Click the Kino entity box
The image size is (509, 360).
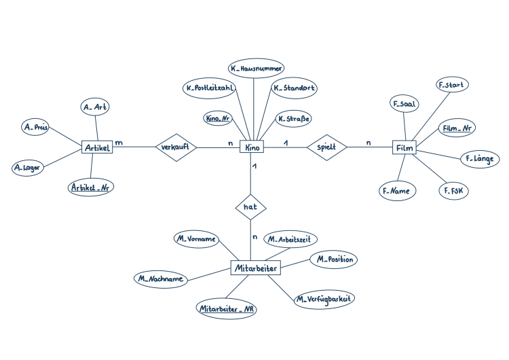[x=252, y=147]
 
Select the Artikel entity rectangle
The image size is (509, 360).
[x=97, y=147]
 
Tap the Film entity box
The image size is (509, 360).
[x=404, y=147]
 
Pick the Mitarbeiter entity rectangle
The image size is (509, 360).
[x=255, y=268]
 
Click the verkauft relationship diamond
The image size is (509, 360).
[x=176, y=147]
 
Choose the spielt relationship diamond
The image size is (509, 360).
[x=327, y=147]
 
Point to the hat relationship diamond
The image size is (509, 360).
[x=250, y=207]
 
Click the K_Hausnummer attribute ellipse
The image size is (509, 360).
[x=256, y=68]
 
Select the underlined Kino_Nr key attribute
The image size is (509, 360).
[x=218, y=118]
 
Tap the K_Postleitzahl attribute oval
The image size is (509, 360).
[x=210, y=88]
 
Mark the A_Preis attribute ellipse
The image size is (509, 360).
[x=36, y=127]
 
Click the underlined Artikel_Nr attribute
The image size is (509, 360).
[x=90, y=187]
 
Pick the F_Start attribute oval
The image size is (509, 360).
[x=452, y=85]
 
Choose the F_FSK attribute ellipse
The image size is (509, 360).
[x=454, y=190]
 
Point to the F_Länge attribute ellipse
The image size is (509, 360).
[x=480, y=159]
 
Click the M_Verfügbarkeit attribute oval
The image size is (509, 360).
[x=324, y=299]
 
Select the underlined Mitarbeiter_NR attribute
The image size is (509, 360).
[x=227, y=308]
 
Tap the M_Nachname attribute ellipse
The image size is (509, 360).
[x=161, y=278]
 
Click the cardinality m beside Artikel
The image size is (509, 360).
[x=119, y=143]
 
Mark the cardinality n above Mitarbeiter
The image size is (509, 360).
[x=254, y=237]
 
